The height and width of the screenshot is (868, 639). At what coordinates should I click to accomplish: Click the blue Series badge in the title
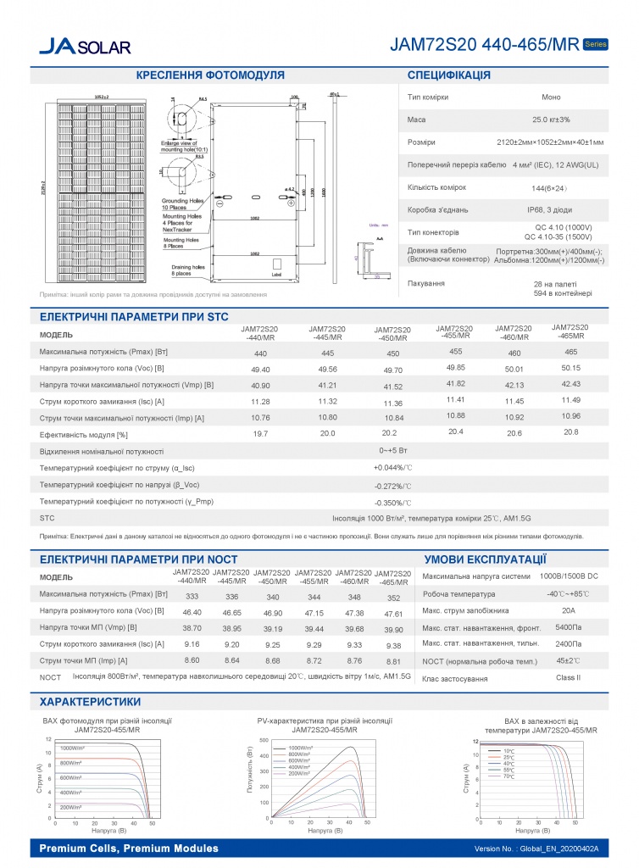coord(595,43)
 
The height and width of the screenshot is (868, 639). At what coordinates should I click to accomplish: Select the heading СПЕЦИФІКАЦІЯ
coord(449,75)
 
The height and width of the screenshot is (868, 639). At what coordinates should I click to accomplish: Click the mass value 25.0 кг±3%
coord(551,120)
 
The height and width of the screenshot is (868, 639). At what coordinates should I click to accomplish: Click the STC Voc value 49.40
coord(261,370)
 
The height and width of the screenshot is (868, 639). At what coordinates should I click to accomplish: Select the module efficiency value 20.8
coord(570,432)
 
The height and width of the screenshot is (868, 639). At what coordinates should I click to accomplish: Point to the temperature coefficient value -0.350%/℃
coord(392,503)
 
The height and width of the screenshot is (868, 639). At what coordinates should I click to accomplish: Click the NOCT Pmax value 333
coord(192,597)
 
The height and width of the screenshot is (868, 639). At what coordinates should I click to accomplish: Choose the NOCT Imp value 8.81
coord(392,661)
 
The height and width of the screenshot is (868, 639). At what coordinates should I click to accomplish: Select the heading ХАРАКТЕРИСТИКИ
coord(91,702)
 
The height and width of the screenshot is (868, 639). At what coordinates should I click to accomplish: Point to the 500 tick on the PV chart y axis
coord(263,740)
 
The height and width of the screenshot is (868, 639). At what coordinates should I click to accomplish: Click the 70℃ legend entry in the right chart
coord(508,776)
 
